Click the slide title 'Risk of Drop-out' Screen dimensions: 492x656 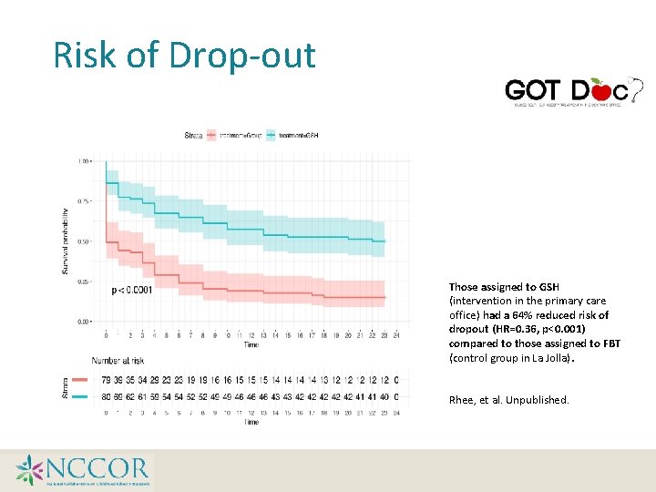click(185, 55)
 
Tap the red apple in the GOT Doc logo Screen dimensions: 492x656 click(600, 89)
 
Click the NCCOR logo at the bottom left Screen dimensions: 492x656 click(82, 470)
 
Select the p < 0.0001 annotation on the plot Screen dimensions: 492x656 click(132, 291)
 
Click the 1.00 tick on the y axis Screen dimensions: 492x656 click(84, 161)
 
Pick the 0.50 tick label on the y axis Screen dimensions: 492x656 click(84, 241)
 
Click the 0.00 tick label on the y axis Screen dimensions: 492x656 click(84, 322)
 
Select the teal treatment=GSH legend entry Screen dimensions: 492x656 click(293, 136)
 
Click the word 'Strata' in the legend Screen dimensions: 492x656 click(194, 136)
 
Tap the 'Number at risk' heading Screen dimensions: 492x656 click(118, 361)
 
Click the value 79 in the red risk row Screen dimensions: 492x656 click(107, 380)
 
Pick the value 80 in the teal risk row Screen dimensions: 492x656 click(107, 396)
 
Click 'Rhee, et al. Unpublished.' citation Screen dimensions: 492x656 click(508, 399)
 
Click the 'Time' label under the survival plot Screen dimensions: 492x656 click(251, 344)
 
